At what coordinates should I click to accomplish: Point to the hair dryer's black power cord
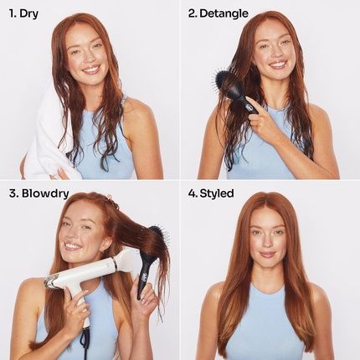coord(85,339)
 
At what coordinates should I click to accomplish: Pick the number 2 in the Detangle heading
coord(192,14)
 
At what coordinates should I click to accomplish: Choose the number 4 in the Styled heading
coord(192,193)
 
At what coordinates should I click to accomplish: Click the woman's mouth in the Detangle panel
coord(277,64)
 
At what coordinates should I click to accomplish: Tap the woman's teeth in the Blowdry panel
coord(72,246)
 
